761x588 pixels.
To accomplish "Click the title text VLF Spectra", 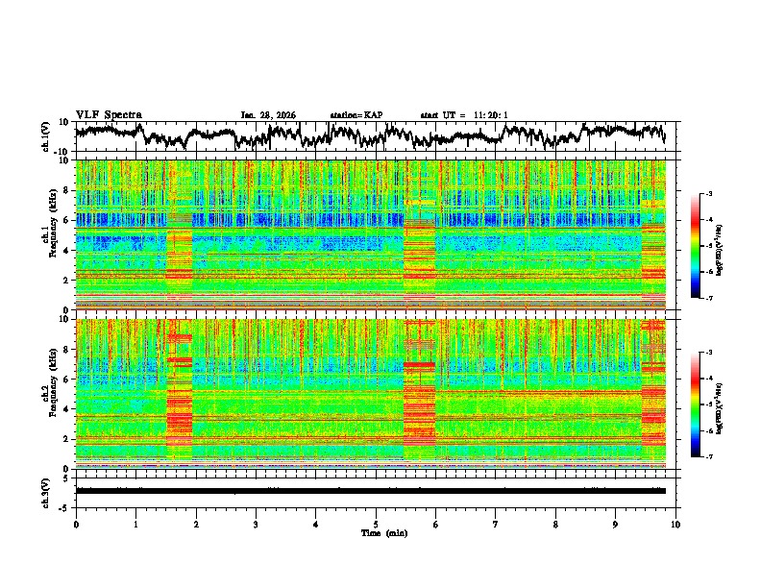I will pos(109,114).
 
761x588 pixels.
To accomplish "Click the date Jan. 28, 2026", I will pos(268,115).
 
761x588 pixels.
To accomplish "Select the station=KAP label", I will pos(356,115).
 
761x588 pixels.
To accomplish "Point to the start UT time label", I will pos(464,115).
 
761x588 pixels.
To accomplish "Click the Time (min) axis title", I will pos(376,532).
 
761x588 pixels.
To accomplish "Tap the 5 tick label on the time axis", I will pos(376,524).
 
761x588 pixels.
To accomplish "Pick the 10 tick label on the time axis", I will pos(675,524).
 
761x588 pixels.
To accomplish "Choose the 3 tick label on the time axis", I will pos(256,524).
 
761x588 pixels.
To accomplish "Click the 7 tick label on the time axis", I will pos(496,524).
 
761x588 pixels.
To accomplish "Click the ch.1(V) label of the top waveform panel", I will pos(46,136).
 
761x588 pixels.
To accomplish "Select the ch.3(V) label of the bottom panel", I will pos(46,490).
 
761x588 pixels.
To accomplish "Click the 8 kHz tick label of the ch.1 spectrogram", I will pos(66,190).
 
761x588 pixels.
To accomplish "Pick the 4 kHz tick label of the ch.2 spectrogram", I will pos(66,408).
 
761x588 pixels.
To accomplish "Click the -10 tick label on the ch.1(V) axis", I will pos(62,152).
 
